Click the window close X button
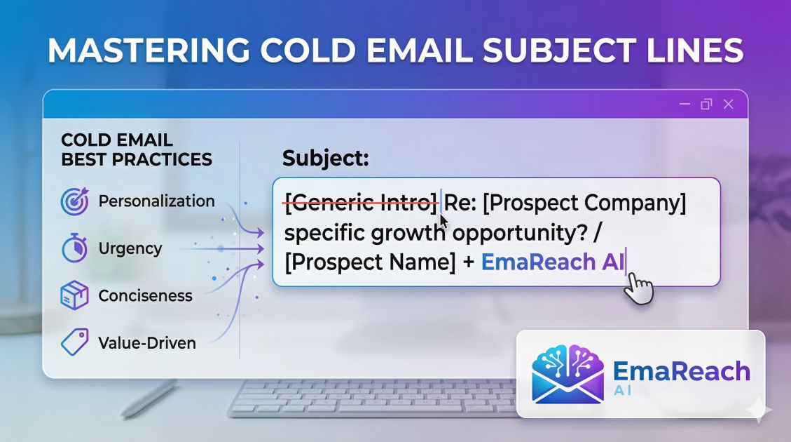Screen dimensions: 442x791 click(728, 105)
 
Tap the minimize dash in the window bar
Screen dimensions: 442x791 click(685, 105)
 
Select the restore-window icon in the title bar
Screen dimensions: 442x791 click(706, 105)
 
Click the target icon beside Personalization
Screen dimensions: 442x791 click(74, 201)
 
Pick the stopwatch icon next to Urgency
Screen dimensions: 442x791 click(74, 248)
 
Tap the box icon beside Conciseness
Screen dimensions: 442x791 click(74, 295)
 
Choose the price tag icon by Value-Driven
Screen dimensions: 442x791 click(74, 342)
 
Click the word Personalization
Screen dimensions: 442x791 click(156, 201)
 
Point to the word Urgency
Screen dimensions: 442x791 click(130, 248)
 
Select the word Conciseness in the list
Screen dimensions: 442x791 click(145, 295)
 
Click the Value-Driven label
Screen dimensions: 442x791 click(147, 343)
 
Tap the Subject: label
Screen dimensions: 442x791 click(325, 159)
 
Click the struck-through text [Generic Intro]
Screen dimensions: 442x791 click(359, 203)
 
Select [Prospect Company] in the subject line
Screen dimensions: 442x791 click(585, 203)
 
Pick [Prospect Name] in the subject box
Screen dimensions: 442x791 click(370, 262)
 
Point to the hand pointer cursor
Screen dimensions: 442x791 click(639, 288)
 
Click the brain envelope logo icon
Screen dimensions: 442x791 click(568, 373)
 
